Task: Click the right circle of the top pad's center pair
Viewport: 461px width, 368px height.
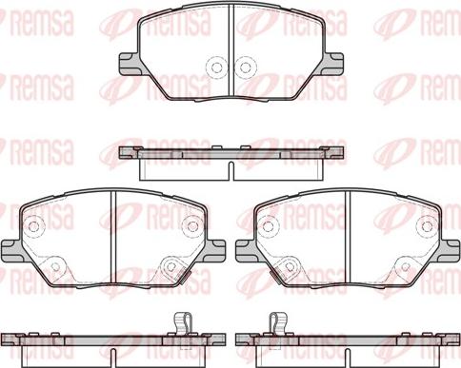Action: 245,68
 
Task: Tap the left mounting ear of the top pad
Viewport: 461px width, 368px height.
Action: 128,64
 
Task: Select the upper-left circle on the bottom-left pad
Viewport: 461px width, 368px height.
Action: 35,227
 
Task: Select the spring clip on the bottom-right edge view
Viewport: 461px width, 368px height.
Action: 279,324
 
